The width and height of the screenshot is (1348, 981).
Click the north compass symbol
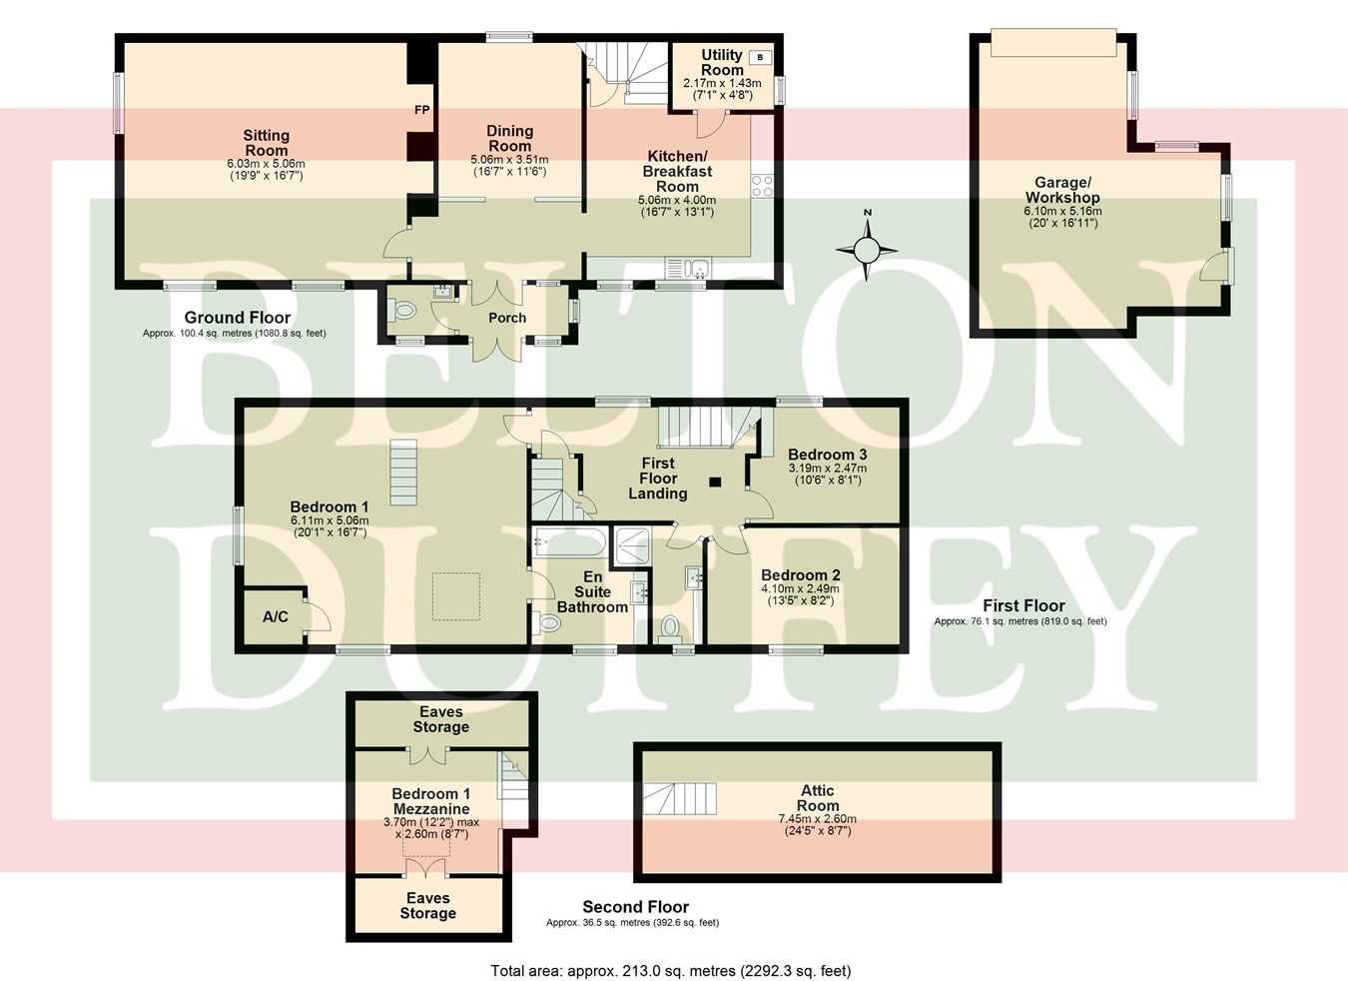pos(868,249)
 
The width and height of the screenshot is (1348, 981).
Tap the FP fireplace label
pos(421,110)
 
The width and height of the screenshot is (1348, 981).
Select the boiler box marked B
pos(760,57)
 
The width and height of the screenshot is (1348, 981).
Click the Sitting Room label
pos(266,142)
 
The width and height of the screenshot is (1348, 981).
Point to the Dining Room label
pos(509,138)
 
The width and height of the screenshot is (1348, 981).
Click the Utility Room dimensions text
pos(722,89)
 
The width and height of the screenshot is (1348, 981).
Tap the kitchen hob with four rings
pos(762,185)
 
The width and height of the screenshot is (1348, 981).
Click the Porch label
pos(507,318)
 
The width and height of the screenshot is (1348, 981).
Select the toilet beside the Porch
pos(402,311)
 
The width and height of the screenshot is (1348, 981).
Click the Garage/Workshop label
pos(1061,190)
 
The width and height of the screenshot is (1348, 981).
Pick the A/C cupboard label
pos(276,616)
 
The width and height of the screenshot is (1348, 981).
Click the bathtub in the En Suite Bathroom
pos(569,542)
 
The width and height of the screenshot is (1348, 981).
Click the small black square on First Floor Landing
pos(715,483)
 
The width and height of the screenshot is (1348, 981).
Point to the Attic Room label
pos(818,797)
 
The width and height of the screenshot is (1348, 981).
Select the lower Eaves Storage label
pos(427,905)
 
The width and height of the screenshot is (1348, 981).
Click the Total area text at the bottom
pos(670,970)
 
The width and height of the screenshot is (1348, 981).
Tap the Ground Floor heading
pos(238,318)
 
